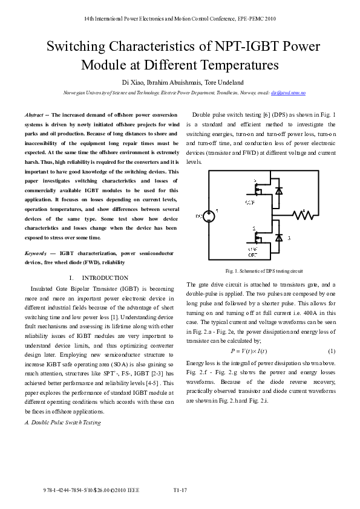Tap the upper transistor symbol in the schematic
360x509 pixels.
pyautogui.click(x=258, y=189)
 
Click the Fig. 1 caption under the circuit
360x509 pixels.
pyautogui.click(x=263, y=271)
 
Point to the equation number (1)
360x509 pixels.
pyautogui.click(x=332, y=351)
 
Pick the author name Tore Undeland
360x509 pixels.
pyautogui.click(x=211, y=81)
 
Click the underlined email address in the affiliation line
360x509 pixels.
pyautogui.click(x=288, y=93)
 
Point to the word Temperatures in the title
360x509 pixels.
pyautogui.click(x=235, y=65)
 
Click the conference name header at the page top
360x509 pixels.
pyautogui.click(x=180, y=19)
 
